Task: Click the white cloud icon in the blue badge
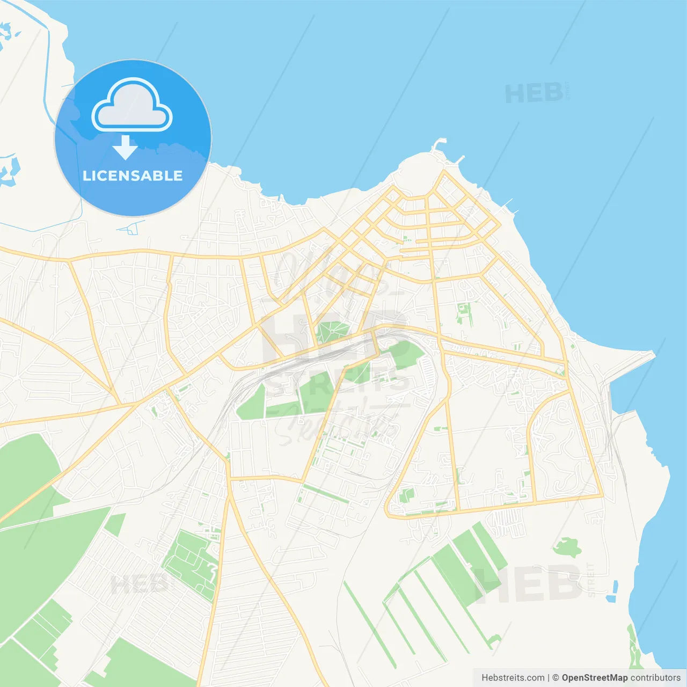(x=132, y=106)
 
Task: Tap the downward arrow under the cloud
(x=126, y=148)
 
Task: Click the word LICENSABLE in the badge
(x=133, y=176)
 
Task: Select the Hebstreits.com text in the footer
(x=513, y=678)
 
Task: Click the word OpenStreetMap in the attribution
(x=595, y=678)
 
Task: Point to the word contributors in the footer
(x=655, y=678)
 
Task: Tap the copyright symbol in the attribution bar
(x=556, y=678)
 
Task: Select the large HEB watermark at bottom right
(x=529, y=584)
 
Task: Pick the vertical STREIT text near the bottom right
(x=591, y=580)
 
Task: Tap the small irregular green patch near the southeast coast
(x=567, y=548)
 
